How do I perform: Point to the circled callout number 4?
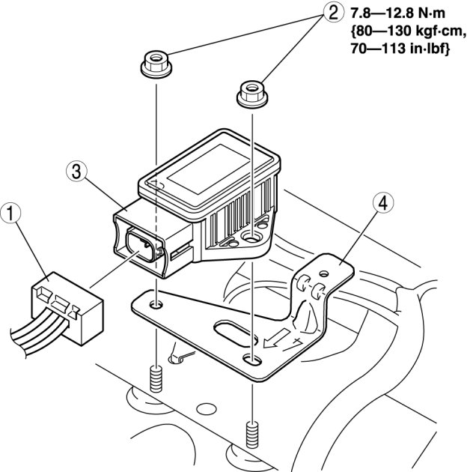[382, 203]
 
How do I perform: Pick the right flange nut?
[253, 93]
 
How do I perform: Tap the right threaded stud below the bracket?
[252, 434]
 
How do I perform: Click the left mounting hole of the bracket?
[156, 305]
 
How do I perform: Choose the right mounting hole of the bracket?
[252, 360]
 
